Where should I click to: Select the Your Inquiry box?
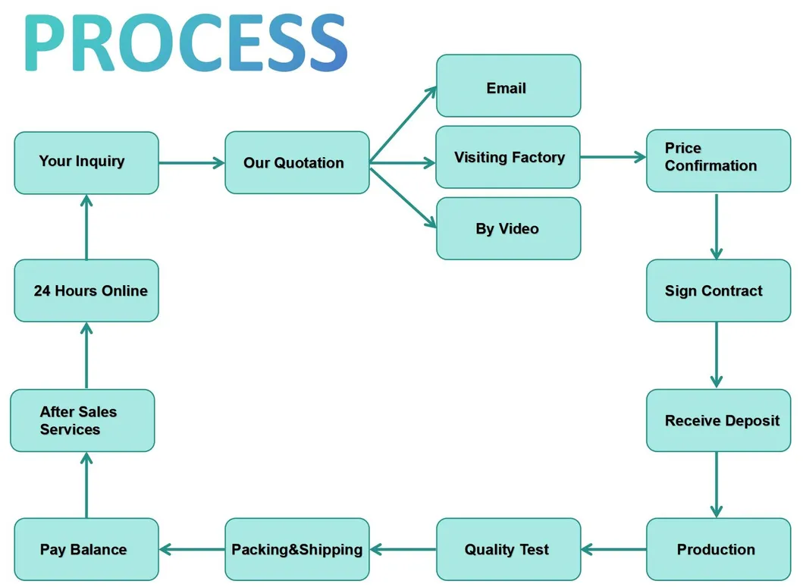[x=86, y=162]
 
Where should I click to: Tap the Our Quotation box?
[x=296, y=162]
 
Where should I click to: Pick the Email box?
[x=508, y=86]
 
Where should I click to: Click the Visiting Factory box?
[x=507, y=157]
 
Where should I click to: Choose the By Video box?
[x=508, y=228]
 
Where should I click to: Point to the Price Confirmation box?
[x=718, y=160]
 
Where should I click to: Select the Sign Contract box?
[x=718, y=290]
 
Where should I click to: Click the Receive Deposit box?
[x=718, y=420]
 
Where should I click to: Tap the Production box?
[x=718, y=549]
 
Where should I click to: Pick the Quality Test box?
[x=508, y=549]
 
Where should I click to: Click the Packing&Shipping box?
[x=296, y=549]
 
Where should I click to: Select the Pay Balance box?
[x=86, y=549]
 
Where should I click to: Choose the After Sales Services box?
[x=82, y=420]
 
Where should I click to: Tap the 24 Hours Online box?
[x=86, y=290]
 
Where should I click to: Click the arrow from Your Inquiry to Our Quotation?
[x=191, y=162]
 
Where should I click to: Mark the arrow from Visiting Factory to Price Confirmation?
[x=613, y=158]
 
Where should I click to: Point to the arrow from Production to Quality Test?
[x=613, y=549]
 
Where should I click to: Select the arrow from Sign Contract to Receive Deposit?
[x=717, y=355]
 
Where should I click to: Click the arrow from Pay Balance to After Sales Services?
[x=86, y=485]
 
